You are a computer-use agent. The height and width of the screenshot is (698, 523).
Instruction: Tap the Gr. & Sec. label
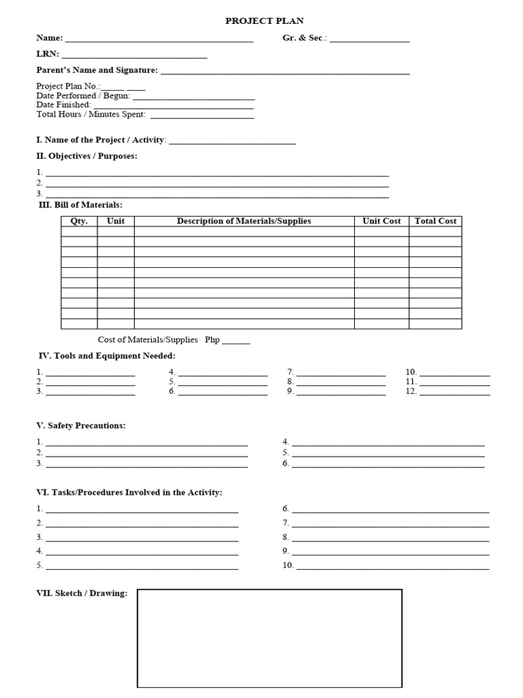pyautogui.click(x=304, y=38)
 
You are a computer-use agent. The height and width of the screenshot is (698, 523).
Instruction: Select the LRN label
pyautogui.click(x=48, y=54)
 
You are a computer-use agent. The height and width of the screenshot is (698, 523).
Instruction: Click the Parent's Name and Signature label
pyautogui.click(x=97, y=70)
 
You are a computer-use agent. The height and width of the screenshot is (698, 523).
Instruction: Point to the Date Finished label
pyautogui.click(x=63, y=105)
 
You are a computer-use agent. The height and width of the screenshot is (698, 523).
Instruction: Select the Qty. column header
pyautogui.click(x=79, y=221)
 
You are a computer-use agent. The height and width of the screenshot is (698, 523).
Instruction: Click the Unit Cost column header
pyautogui.click(x=381, y=221)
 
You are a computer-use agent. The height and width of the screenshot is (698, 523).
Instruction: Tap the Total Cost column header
pyautogui.click(x=435, y=221)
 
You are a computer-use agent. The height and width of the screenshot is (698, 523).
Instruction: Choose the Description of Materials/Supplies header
pyautogui.click(x=244, y=221)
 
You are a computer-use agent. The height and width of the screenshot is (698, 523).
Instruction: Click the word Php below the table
pyautogui.click(x=212, y=339)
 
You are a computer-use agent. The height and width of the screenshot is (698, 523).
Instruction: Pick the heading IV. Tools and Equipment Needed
pyautogui.click(x=107, y=356)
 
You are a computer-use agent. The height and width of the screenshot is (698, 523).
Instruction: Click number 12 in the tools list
pyautogui.click(x=411, y=391)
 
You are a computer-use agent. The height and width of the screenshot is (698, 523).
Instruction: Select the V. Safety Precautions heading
pyautogui.click(x=80, y=425)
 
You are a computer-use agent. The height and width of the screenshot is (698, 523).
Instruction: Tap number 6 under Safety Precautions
pyautogui.click(x=286, y=464)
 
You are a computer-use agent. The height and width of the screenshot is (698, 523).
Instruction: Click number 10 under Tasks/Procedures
pyautogui.click(x=288, y=565)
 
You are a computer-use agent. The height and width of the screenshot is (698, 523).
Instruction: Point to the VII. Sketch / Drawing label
pyautogui.click(x=82, y=593)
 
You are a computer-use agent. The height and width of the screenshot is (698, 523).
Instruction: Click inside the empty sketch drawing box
pyautogui.click(x=270, y=641)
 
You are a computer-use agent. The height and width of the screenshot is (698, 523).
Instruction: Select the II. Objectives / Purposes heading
pyautogui.click(x=86, y=156)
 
